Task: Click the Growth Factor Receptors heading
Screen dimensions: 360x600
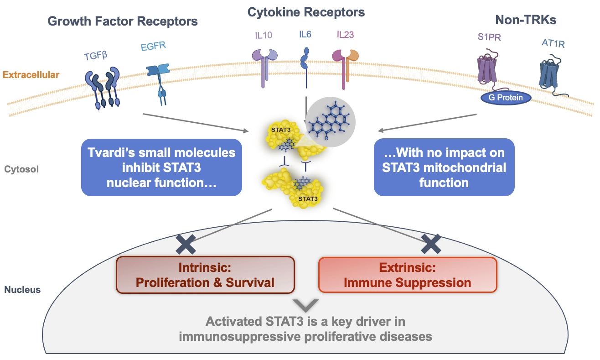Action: (123, 21)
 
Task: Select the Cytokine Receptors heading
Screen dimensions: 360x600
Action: (306, 12)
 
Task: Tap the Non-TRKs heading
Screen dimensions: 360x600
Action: (525, 21)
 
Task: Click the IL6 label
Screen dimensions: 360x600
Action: (305, 34)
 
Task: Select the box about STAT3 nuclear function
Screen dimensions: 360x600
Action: (161, 167)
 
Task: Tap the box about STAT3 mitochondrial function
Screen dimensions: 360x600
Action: (444, 167)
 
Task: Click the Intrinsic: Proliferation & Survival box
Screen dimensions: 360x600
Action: (205, 274)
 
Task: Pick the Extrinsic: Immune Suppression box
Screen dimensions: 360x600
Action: (407, 274)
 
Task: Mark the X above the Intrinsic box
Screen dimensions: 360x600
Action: (186, 245)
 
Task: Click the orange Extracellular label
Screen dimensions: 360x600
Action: (31, 74)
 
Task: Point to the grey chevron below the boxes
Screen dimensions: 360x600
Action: (305, 305)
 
